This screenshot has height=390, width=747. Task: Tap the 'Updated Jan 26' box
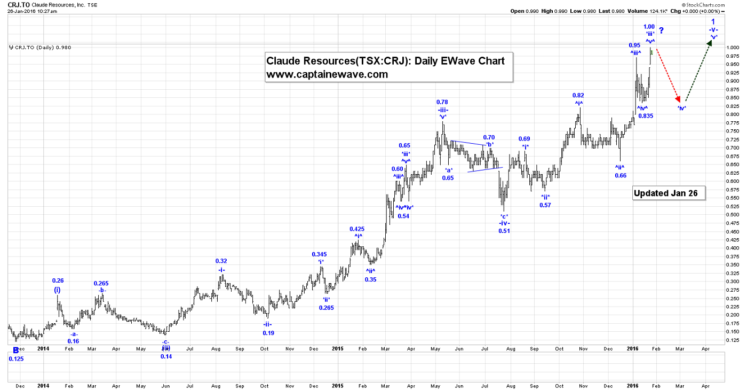tap(669, 193)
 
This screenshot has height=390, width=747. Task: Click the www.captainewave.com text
tap(327, 74)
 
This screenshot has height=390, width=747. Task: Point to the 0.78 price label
tap(442, 102)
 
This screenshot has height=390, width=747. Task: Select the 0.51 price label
tap(504, 231)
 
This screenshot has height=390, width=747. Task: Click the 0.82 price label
tap(579, 95)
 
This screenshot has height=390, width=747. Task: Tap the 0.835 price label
tap(646, 116)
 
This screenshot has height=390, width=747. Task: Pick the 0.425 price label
tap(357, 229)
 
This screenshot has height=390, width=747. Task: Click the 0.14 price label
tap(166, 356)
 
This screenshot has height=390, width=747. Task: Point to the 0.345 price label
tap(320, 254)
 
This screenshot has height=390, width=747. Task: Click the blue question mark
tap(661, 31)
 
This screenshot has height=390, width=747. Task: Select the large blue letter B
tap(16, 350)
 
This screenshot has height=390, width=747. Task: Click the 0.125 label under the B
tap(17, 359)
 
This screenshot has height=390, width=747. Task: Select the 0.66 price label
tap(621, 175)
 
